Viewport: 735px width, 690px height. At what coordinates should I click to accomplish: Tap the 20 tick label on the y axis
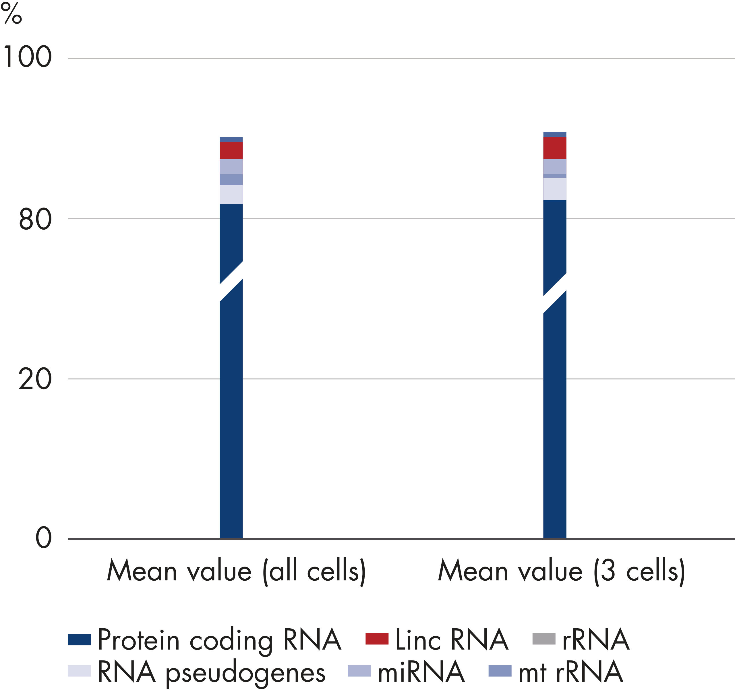(x=35, y=379)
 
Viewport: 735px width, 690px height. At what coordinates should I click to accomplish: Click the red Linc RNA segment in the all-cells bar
(x=231, y=150)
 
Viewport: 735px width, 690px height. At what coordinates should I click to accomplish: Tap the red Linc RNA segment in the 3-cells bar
(x=555, y=148)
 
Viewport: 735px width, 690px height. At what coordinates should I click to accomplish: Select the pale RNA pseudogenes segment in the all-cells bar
(x=231, y=194)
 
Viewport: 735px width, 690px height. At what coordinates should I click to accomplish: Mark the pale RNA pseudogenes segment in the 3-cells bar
(x=555, y=189)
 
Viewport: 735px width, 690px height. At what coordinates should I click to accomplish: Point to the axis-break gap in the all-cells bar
(x=231, y=282)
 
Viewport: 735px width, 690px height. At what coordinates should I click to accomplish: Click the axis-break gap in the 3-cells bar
(x=555, y=293)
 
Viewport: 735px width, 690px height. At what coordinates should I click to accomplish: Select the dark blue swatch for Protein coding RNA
(x=79, y=639)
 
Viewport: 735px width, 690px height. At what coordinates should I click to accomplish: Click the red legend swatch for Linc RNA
(x=377, y=639)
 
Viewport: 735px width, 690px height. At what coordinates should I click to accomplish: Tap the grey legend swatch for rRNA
(x=544, y=639)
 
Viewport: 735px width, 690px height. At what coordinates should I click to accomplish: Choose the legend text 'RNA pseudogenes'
(x=211, y=672)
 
